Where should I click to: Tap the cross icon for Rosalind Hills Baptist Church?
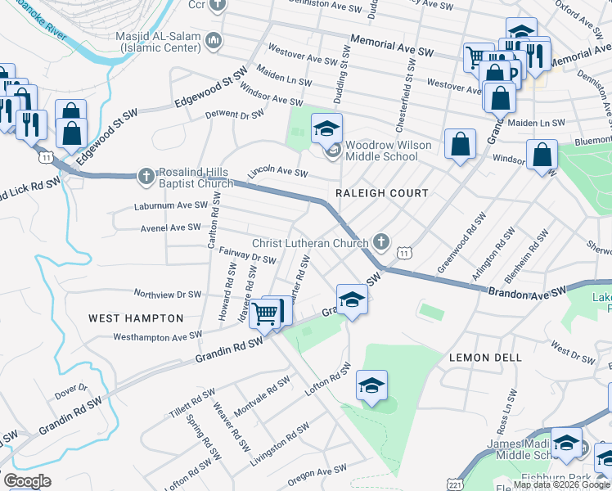coord(146,175)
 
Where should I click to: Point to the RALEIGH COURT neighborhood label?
coord(382,193)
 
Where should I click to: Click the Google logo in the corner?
coord(27,481)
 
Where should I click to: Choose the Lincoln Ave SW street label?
coord(278,173)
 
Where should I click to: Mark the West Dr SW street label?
coord(573,354)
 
